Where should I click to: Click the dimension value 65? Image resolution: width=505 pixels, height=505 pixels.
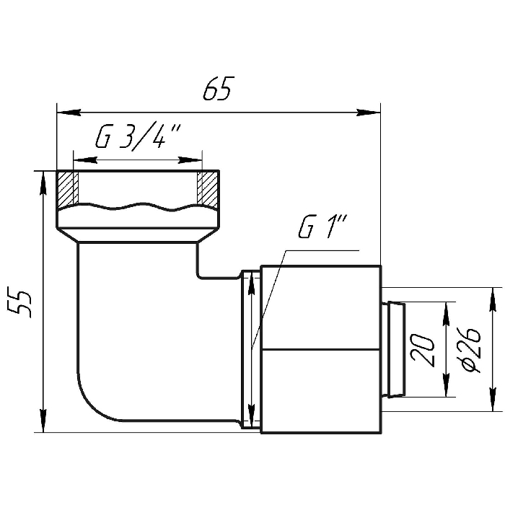click(x=217, y=88)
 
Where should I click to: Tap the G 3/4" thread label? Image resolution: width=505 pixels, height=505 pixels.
click(x=139, y=137)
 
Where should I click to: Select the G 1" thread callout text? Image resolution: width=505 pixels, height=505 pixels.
click(x=322, y=227)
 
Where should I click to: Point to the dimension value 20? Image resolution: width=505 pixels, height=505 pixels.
click(x=422, y=350)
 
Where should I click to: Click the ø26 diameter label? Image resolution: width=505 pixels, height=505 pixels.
click(x=471, y=351)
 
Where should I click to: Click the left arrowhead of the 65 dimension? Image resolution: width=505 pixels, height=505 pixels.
click(x=69, y=113)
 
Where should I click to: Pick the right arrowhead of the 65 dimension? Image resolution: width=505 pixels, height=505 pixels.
click(x=369, y=113)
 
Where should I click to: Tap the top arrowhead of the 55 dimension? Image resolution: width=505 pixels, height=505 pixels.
click(x=43, y=183)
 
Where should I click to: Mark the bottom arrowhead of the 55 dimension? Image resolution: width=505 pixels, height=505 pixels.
click(x=43, y=421)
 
